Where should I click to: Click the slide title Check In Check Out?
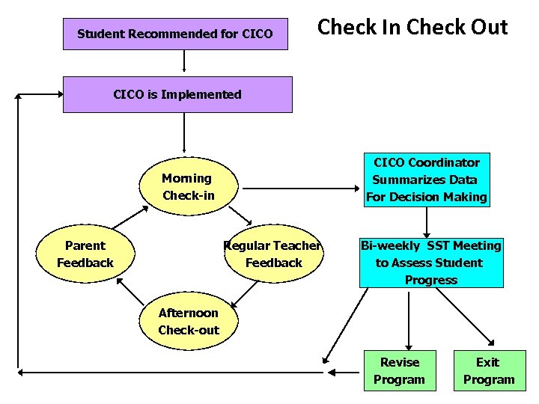412,28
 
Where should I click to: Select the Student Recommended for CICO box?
175,34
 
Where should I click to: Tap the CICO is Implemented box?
177,94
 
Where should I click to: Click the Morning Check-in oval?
188,187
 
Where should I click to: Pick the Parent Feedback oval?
85,254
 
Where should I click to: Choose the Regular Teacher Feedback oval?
274,254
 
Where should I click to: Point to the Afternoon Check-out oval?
189,322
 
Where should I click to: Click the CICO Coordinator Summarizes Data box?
427,180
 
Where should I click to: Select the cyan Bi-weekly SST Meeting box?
430,263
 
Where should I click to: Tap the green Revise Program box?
400,370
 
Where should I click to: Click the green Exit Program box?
488,370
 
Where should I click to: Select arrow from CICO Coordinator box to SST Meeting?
427,222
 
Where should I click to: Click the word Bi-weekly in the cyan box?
390,245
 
